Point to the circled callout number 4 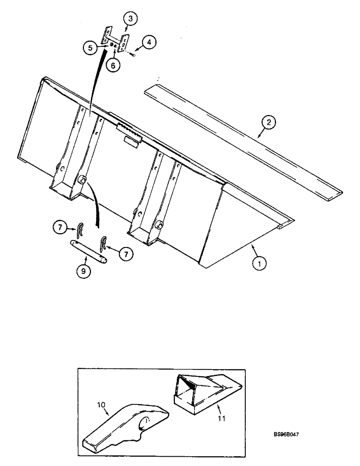[148, 43]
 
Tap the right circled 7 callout [126, 254]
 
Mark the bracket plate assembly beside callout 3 [114, 39]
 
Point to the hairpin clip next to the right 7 [104, 243]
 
